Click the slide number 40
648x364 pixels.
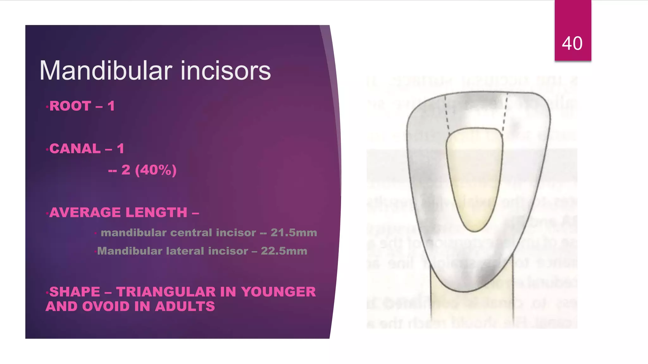(572, 43)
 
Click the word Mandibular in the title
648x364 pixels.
(106, 70)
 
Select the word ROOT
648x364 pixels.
(70, 106)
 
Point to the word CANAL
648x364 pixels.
(75, 149)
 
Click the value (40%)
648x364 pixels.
(156, 170)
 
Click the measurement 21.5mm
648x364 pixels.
(294, 233)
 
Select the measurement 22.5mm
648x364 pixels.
(284, 251)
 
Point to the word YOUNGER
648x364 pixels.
(278, 292)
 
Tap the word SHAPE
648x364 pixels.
(75, 292)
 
